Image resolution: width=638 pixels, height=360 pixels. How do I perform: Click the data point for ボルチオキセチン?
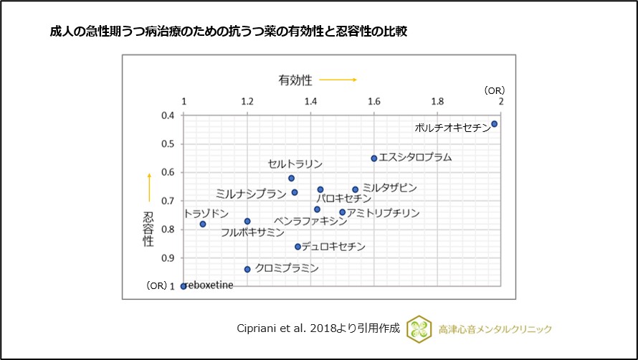click(x=495, y=124)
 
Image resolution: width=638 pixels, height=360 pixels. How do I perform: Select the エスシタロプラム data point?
click(x=374, y=158)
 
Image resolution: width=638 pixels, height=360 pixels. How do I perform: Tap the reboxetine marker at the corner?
click(x=184, y=286)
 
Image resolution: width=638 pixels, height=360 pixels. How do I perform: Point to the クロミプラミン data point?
click(x=247, y=269)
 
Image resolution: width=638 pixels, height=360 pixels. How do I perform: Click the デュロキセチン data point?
click(x=298, y=247)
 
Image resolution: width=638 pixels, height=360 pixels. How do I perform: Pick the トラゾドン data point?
click(x=203, y=224)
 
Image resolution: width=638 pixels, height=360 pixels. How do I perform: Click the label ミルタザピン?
click(x=389, y=187)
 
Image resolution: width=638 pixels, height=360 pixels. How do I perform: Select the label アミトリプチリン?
click(x=384, y=213)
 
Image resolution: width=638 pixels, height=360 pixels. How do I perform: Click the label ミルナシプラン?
click(x=246, y=194)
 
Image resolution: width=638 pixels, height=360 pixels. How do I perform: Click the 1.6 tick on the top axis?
click(x=374, y=102)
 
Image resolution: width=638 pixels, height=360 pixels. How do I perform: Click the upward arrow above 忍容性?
click(x=149, y=186)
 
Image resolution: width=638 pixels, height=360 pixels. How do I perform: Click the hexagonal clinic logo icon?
click(x=419, y=328)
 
